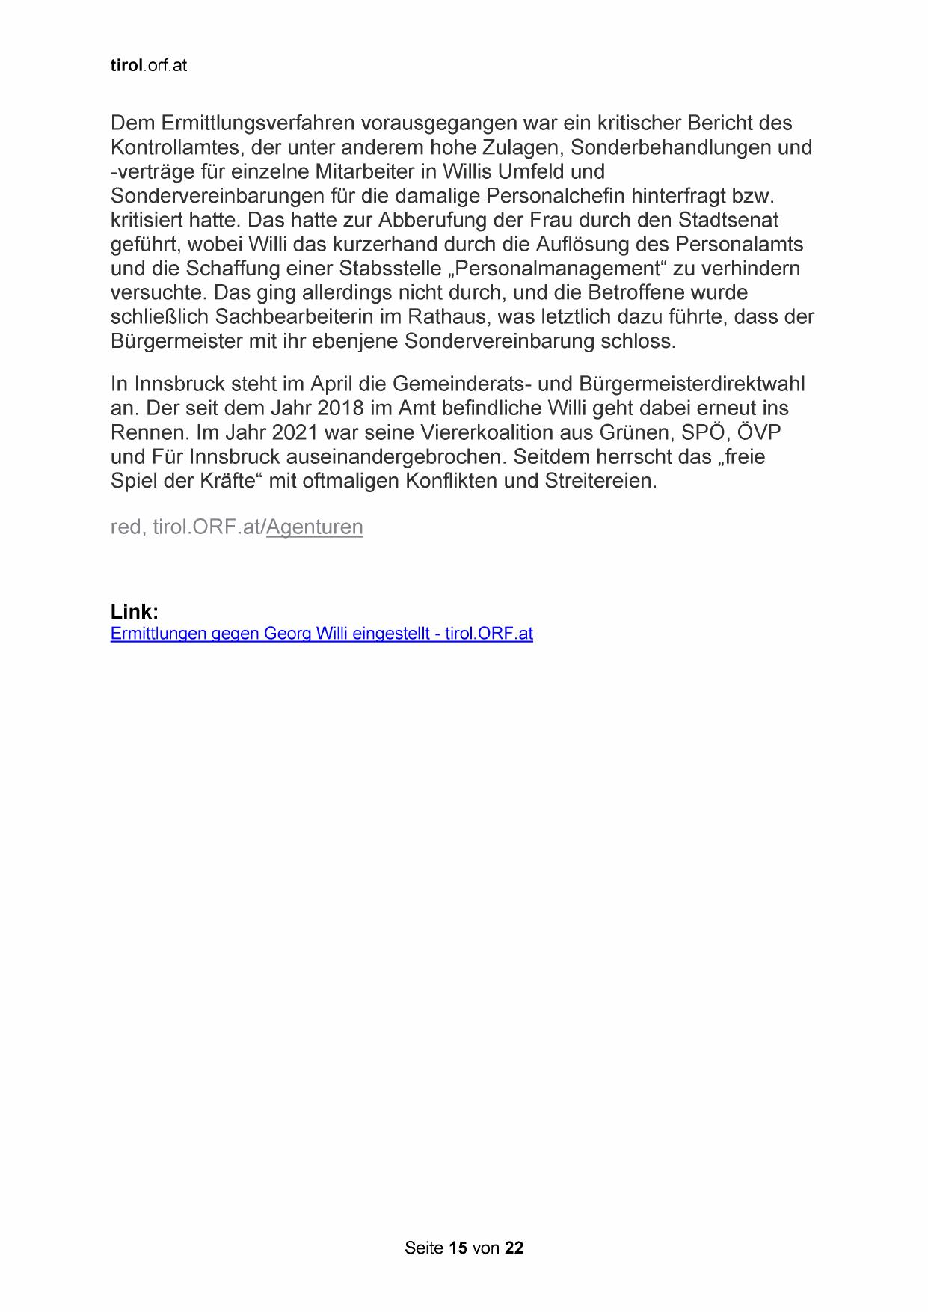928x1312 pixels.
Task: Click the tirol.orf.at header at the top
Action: (148, 66)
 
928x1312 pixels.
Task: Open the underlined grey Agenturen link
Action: (314, 527)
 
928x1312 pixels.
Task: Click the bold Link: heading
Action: (135, 612)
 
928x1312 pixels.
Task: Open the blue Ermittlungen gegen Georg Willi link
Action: (322, 634)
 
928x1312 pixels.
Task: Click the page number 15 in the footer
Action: (458, 1248)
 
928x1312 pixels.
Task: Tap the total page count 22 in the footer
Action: (514, 1248)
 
